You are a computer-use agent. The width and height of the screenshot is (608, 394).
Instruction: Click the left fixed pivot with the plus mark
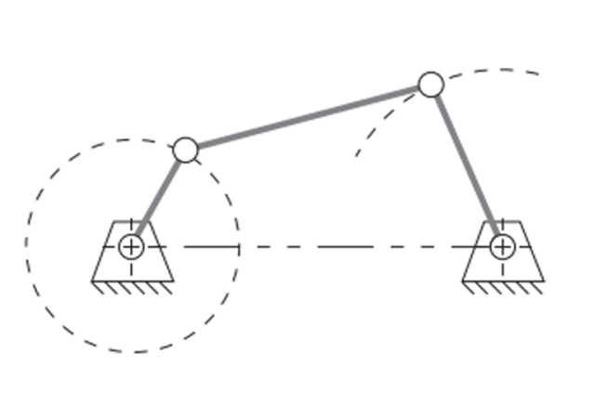[x=131, y=246]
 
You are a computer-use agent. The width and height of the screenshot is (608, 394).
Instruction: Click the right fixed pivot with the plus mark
[x=502, y=246]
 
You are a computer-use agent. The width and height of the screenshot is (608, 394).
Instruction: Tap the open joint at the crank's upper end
[x=185, y=150]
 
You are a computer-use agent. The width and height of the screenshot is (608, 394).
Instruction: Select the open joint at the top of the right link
[x=430, y=85]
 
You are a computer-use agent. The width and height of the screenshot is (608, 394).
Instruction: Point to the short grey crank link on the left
[x=158, y=198]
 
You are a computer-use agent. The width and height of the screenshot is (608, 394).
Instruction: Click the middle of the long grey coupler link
[x=308, y=117]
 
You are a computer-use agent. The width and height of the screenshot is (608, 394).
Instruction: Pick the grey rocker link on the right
[x=466, y=165]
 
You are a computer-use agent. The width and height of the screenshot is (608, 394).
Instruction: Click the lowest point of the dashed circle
[x=133, y=352]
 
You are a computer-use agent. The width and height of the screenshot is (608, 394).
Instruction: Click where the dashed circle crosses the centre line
[x=239, y=246]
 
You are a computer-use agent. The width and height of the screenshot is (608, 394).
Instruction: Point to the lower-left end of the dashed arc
[x=355, y=155]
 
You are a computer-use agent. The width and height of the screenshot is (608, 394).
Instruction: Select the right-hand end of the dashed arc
[x=538, y=72]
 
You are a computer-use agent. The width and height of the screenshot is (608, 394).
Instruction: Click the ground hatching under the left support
[x=132, y=287]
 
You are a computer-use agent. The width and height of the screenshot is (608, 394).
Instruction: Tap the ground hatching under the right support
[x=503, y=287]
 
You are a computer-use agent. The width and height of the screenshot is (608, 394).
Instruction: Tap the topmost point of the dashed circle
[x=133, y=139]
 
